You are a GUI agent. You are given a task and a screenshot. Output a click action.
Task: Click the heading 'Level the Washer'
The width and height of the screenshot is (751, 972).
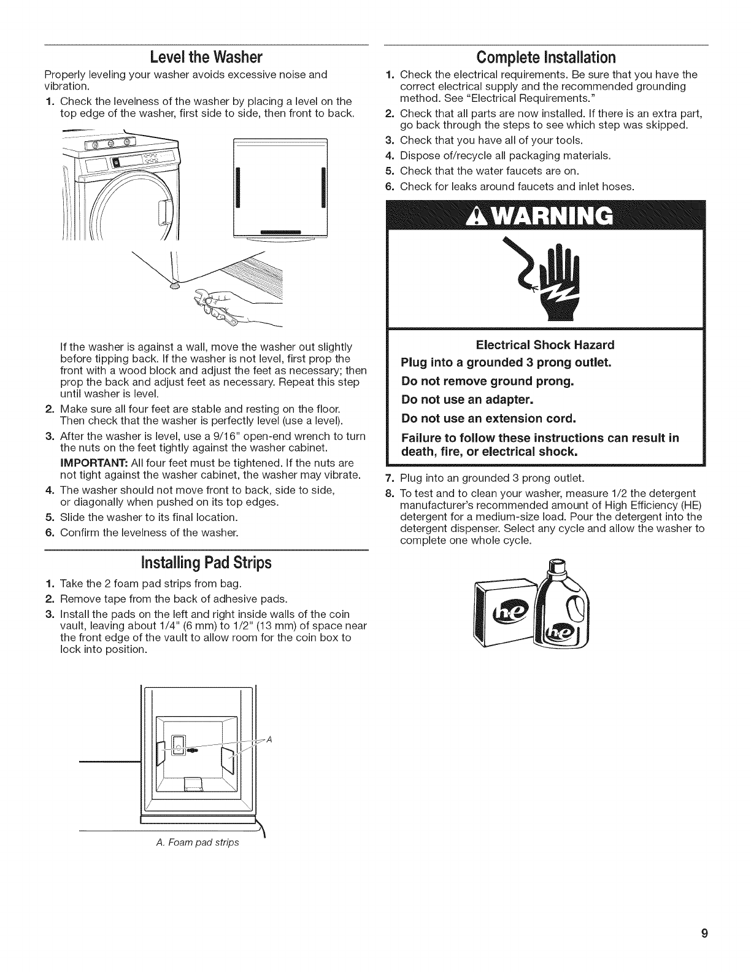[x=206, y=58]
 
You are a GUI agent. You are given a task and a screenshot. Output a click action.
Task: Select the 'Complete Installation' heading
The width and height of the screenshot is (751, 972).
[x=545, y=58]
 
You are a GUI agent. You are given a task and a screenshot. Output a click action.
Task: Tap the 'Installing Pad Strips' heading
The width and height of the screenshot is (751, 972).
[x=206, y=563]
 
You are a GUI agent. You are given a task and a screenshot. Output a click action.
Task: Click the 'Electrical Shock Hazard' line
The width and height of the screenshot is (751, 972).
[x=545, y=344]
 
